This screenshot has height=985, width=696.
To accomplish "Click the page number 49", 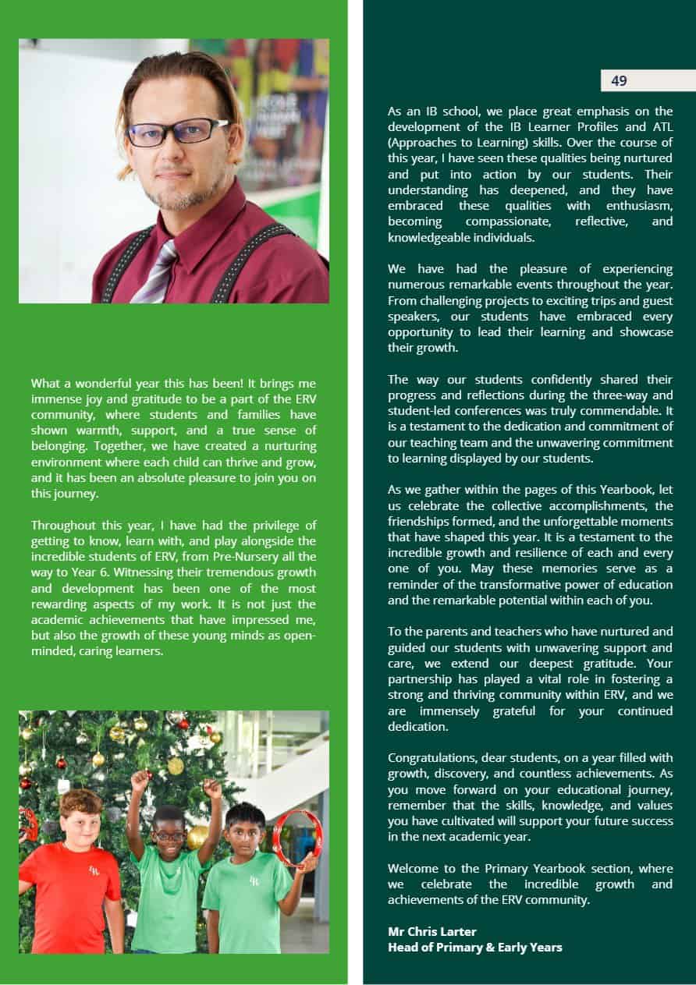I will pos(619,80).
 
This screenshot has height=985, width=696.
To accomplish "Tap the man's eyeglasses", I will pos(177,131).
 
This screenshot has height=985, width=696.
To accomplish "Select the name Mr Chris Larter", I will pos(431,931).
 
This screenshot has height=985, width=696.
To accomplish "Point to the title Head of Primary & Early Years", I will pos(474,947).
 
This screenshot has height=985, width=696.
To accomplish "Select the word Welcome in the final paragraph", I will pos(414,868).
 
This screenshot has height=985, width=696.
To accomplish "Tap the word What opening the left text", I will pos(45,383).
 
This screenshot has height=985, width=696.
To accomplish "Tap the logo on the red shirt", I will pos(94,870).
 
